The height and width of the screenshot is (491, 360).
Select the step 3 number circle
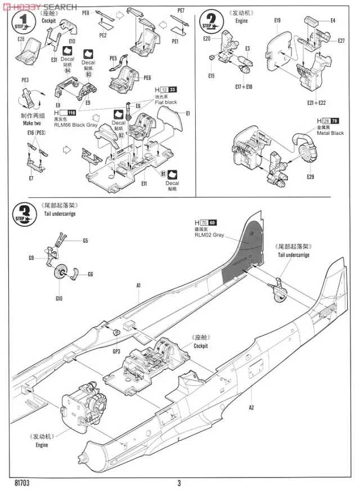23,214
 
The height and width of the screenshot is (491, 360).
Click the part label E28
21,39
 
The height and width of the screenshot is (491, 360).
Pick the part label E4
332,21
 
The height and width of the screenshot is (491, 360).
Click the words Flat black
166,102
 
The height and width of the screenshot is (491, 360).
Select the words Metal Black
330,133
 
